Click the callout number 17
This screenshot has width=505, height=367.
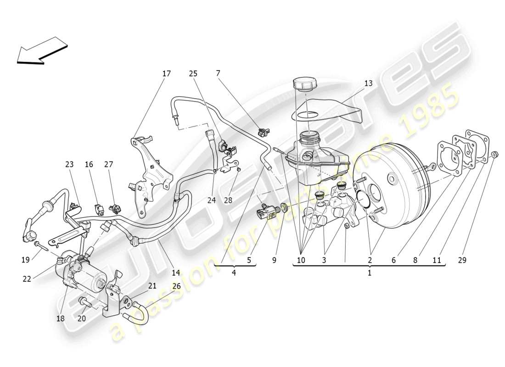(x=166, y=73)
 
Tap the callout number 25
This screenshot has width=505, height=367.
(x=193, y=73)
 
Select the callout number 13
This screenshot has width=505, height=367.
(x=369, y=83)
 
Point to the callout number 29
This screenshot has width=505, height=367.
(x=462, y=260)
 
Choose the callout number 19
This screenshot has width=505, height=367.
(x=25, y=260)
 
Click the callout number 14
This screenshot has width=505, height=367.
(x=176, y=272)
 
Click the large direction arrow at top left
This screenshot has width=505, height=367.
(x=41, y=50)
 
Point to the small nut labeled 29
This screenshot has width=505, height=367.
(x=495, y=155)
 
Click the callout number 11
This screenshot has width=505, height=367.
(x=437, y=260)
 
